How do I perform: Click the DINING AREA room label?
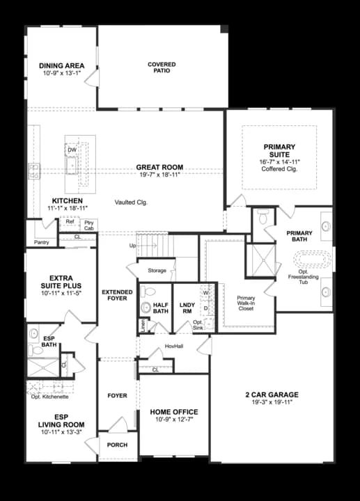(61, 66)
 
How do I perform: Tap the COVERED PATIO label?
(162, 67)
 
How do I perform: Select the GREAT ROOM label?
(160, 167)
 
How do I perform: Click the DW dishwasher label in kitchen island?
(72, 150)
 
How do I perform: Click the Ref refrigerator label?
(69, 221)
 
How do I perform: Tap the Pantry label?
(41, 242)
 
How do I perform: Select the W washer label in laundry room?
(206, 292)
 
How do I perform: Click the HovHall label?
(173, 346)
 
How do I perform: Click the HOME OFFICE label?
(174, 412)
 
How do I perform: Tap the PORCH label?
(116, 444)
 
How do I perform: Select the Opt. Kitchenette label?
(49, 396)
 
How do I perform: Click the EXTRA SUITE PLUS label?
(61, 281)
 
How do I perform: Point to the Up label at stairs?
(133, 246)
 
